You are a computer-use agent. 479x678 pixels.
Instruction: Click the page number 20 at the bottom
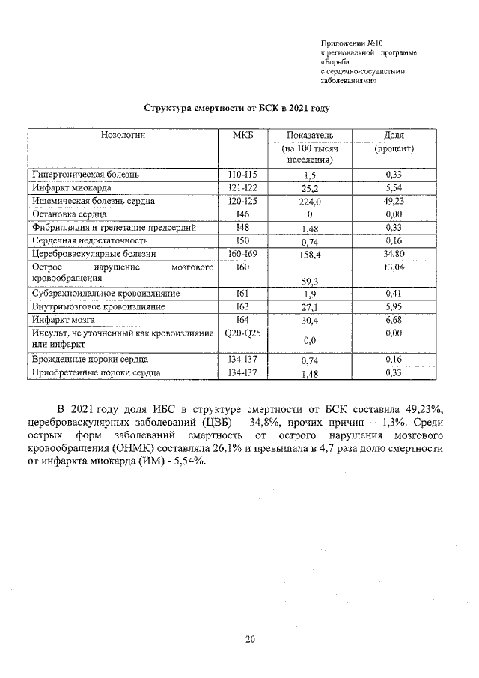coord(250,639)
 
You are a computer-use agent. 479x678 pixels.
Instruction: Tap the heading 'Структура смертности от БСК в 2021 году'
coord(237,108)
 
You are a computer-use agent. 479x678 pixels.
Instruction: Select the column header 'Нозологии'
coord(123,135)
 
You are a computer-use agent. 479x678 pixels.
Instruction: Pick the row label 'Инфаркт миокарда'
coord(70,187)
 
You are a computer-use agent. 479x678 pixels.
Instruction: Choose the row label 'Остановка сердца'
coord(70,214)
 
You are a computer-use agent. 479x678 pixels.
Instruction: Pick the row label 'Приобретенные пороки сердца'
coord(96,372)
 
